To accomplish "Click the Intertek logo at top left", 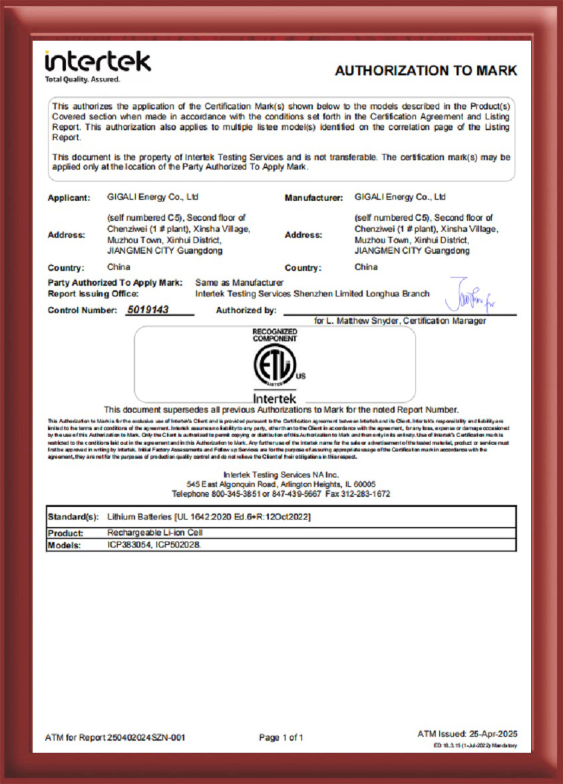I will click(97, 61).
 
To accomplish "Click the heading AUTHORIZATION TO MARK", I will click(426, 71).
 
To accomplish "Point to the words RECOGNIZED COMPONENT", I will click(274, 335).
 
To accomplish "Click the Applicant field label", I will click(69, 198).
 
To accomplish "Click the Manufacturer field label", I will click(313, 198).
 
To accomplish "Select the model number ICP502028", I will click(178, 545).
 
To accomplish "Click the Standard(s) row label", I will click(73, 517).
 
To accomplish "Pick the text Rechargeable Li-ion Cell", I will click(154, 533).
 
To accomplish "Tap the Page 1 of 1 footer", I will click(281, 737).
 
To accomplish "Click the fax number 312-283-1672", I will click(367, 494).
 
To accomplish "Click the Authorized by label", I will click(246, 310).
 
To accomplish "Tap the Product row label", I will click(66, 533).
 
